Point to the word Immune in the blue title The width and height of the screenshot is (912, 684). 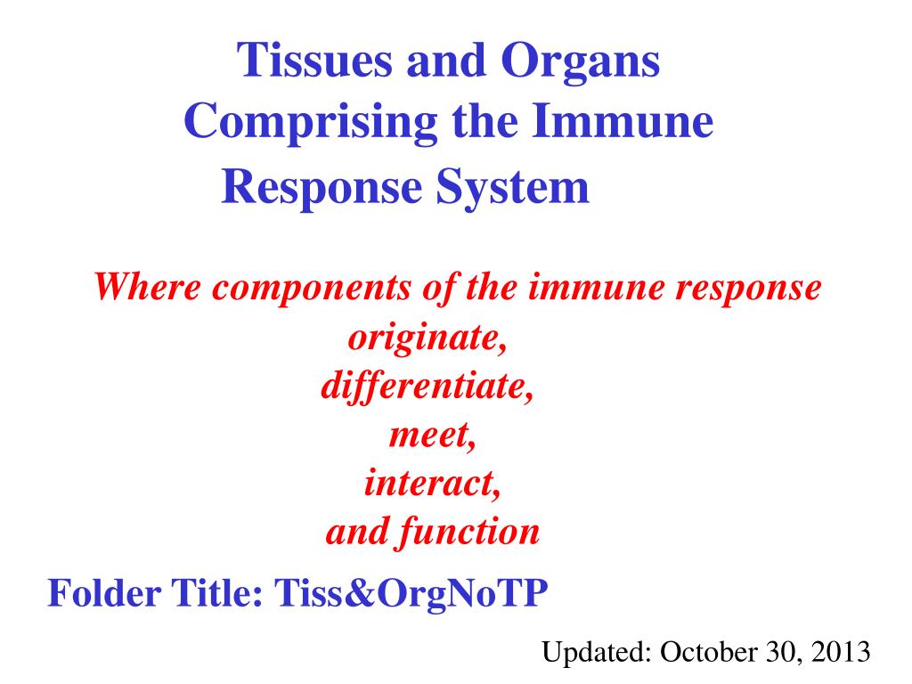pyautogui.click(x=623, y=120)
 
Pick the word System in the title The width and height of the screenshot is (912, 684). pyautogui.click(x=512, y=187)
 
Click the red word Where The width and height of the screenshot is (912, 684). pyautogui.click(x=147, y=287)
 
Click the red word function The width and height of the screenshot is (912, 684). pyautogui.click(x=468, y=533)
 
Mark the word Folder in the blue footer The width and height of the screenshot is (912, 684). pyautogui.click(x=105, y=593)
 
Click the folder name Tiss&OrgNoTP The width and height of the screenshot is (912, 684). pyautogui.click(x=411, y=594)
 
